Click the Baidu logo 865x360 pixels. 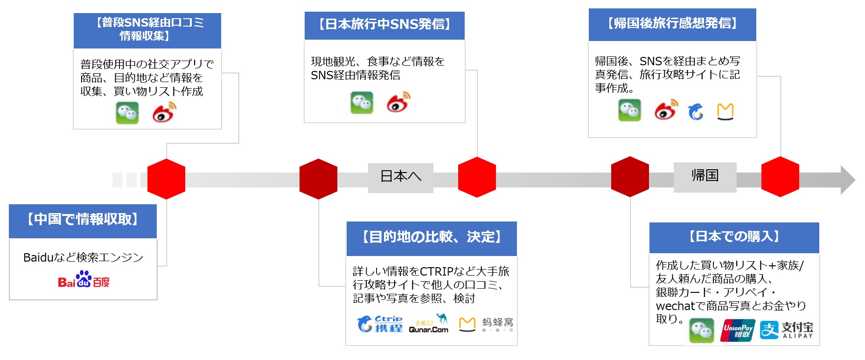pyautogui.click(x=84, y=280)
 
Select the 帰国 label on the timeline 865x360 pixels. pyautogui.click(x=705, y=176)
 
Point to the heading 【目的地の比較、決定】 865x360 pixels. pyautogui.click(x=431, y=238)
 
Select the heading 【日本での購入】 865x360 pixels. pyautogui.click(x=734, y=237)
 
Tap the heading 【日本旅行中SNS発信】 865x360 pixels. pyautogui.click(x=384, y=25)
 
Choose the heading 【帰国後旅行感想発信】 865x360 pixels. pyautogui.click(x=672, y=24)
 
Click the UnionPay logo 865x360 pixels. pyautogui.click(x=738, y=330)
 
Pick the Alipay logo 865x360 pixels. pyautogui.click(x=787, y=330)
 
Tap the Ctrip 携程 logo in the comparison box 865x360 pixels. pyautogui.click(x=380, y=324)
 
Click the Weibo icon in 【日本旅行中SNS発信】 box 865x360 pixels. pyautogui.click(x=398, y=103)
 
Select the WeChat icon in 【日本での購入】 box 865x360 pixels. pyautogui.click(x=701, y=330)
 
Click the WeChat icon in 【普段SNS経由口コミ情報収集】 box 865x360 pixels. pyautogui.click(x=127, y=113)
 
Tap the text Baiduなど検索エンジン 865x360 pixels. pyautogui.click(x=83, y=257)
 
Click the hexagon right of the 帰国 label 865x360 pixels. pyautogui.click(x=780, y=177)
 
